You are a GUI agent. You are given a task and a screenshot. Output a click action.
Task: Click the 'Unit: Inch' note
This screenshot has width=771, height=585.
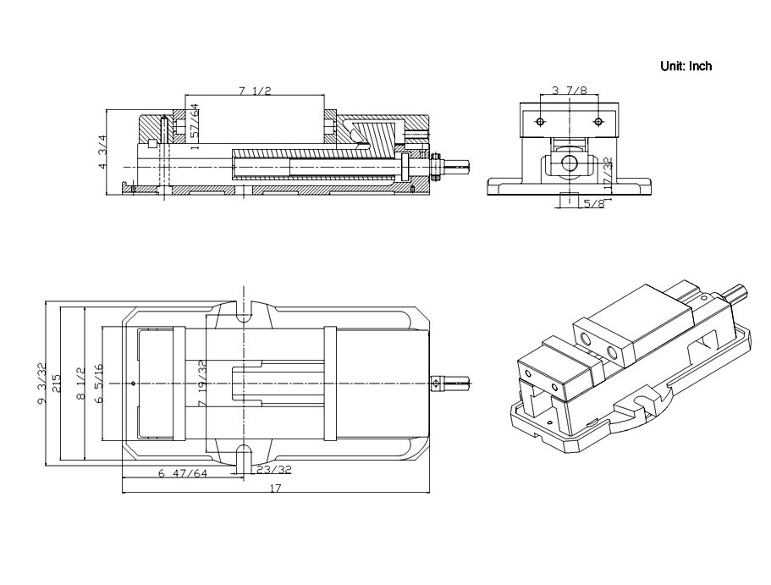pos(686,66)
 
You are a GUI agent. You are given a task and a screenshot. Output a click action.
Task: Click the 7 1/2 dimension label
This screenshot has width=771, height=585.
pos(255,91)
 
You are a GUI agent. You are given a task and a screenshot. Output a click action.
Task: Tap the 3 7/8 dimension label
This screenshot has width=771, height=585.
pos(569,89)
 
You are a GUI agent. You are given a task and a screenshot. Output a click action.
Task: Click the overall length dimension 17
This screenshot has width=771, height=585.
pos(276,488)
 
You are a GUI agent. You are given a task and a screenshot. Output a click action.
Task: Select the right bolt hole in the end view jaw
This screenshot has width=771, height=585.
pos(598,122)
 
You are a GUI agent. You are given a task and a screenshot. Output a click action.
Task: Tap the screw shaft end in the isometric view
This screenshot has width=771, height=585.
pos(737,294)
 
